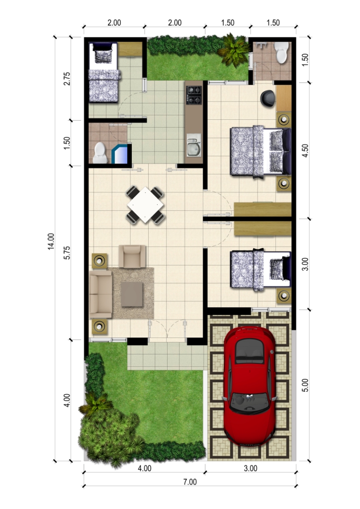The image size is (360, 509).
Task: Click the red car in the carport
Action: (250, 386)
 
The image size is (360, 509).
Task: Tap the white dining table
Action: (145, 205)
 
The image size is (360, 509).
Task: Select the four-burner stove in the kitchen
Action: (194, 95)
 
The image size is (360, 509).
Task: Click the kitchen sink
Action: (194, 149)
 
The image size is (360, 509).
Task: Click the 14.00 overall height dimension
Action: (51, 241)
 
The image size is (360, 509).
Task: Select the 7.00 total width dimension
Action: (190, 482)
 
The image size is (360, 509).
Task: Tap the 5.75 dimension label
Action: (67, 253)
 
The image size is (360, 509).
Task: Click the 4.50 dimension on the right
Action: (305, 150)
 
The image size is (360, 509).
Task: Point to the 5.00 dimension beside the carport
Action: (305, 385)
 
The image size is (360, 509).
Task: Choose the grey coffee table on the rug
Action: (132, 294)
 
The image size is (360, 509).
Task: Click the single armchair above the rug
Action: (132, 256)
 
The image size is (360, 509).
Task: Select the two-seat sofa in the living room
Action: (101, 294)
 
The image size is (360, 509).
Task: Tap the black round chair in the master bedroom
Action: (268, 98)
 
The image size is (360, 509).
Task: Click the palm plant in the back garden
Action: (233, 50)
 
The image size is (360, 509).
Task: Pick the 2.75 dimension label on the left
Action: (67, 79)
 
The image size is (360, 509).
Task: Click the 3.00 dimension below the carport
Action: (251, 468)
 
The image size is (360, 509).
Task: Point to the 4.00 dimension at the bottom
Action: (145, 468)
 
